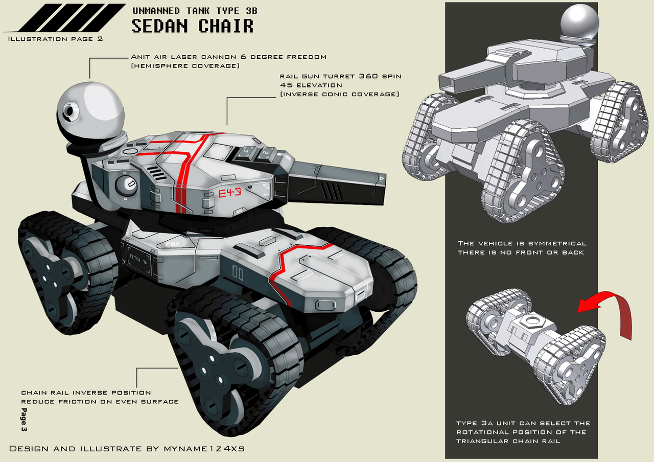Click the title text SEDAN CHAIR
(193, 26)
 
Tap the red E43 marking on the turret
(230, 193)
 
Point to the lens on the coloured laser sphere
(69, 111)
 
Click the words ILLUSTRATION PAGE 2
(56, 39)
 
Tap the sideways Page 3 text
(24, 420)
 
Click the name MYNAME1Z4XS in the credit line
(204, 449)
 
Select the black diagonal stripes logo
(66, 17)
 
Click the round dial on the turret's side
(126, 186)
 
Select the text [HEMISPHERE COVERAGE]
(185, 66)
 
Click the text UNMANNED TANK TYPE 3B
(195, 11)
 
